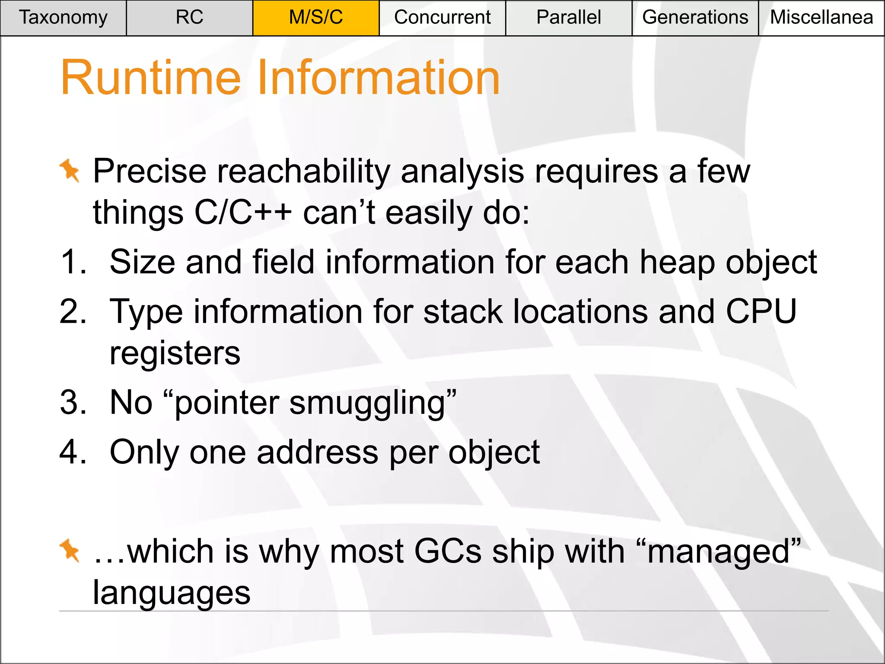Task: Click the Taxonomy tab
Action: [63, 18]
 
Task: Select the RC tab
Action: [189, 18]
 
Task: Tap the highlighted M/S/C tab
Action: [316, 18]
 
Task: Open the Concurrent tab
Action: [442, 18]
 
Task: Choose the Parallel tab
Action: [568, 18]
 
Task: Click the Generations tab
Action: [695, 18]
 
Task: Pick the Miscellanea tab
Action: [821, 18]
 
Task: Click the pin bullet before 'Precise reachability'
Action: [70, 170]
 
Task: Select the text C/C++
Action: [243, 213]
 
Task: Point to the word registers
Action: [175, 353]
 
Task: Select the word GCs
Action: [448, 552]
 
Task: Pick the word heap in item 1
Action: [677, 262]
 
